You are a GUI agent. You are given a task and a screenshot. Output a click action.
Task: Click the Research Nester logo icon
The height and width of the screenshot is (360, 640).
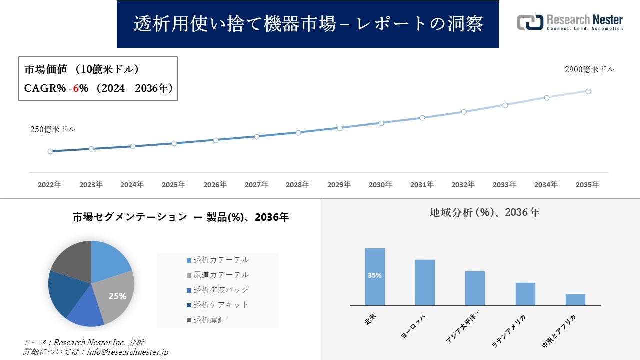coord(530,22)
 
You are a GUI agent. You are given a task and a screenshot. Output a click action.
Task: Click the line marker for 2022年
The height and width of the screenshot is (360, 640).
coord(50,151)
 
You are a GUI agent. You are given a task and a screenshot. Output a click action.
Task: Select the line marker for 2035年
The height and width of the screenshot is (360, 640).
coord(588,91)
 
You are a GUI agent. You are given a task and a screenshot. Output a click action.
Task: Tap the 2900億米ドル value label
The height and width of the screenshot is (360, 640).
coord(589,70)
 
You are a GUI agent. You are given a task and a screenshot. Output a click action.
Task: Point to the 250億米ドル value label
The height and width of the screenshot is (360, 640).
coord(53,129)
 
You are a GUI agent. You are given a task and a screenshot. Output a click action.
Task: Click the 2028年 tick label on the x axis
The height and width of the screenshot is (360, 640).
coord(298,185)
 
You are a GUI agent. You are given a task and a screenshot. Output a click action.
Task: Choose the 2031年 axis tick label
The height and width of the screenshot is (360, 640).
coord(422,185)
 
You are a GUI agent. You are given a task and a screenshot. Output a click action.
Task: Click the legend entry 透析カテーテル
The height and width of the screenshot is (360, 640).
coord(221,260)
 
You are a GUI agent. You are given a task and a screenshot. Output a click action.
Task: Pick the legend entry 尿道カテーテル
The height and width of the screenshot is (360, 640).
coord(221,275)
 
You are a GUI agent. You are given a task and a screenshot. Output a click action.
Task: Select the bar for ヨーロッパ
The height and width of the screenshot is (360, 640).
coord(425,282)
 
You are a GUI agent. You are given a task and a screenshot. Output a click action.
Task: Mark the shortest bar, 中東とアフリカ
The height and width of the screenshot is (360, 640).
coord(575,300)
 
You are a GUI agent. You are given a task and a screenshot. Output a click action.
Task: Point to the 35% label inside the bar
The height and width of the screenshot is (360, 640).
coord(375,275)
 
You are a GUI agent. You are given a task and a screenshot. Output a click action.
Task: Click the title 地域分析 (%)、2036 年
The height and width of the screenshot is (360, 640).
coord(484,212)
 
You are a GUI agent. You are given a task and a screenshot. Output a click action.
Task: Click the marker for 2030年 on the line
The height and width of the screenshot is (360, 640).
coord(381,123)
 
